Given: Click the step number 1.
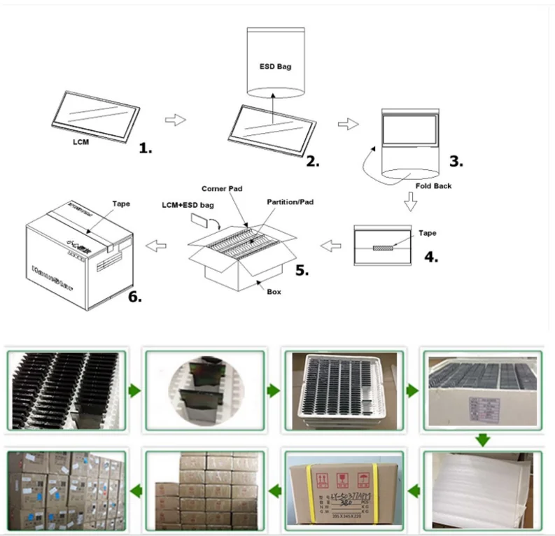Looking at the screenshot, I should click(x=146, y=148).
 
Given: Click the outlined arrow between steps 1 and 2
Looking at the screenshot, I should click(x=175, y=120).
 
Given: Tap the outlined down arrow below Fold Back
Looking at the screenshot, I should click(x=411, y=204).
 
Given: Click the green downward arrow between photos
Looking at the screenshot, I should click(x=482, y=439).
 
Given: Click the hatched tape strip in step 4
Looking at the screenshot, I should click(x=385, y=246).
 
